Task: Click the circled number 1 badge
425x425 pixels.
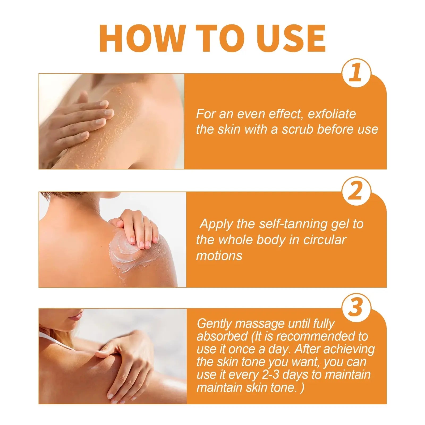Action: point(356,73)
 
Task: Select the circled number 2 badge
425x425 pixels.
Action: point(356,191)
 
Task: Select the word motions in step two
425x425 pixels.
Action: point(219,256)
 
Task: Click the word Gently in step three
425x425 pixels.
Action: point(214,324)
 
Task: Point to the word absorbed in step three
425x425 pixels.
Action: point(222,337)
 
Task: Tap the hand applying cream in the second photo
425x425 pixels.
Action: point(138,227)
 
